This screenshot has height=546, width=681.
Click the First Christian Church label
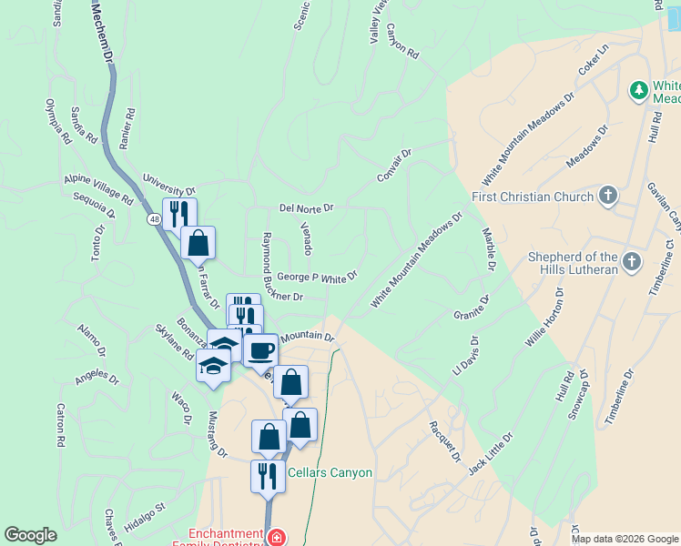(x=534, y=197)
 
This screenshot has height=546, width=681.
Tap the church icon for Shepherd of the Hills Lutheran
(x=634, y=264)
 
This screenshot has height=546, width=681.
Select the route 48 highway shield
(x=154, y=219)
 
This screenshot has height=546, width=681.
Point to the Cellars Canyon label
(x=330, y=473)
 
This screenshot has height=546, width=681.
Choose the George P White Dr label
(x=317, y=275)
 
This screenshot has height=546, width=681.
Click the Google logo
(x=31, y=535)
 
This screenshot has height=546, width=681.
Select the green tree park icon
(x=639, y=90)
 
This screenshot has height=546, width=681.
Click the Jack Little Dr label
(x=491, y=454)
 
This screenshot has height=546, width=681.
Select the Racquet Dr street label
(x=445, y=441)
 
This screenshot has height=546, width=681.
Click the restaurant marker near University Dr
(x=179, y=214)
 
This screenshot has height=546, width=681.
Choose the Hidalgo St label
(x=144, y=521)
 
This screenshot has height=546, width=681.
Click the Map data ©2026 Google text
(x=624, y=539)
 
